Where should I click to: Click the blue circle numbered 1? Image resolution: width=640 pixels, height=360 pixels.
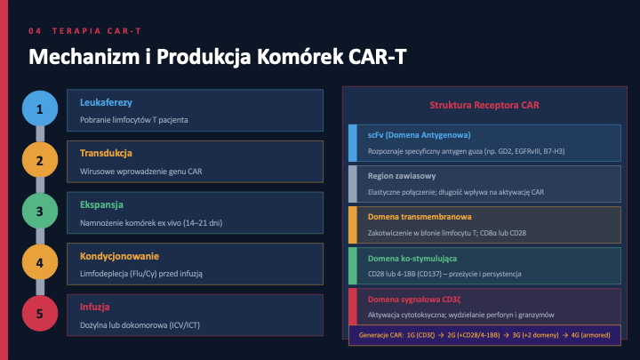point(40,108)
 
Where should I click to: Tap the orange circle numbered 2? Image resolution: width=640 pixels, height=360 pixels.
point(40,160)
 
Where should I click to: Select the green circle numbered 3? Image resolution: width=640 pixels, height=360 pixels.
point(40,211)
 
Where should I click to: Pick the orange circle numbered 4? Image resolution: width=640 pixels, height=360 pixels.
point(40,262)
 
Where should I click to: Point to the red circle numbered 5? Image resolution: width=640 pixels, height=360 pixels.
point(40,314)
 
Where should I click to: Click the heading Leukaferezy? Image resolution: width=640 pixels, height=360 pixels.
point(106,102)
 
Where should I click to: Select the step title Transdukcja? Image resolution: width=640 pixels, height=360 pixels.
point(106,154)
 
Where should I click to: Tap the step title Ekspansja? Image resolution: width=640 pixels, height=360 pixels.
point(101,204)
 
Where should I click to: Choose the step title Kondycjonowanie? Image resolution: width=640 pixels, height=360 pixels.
point(120,256)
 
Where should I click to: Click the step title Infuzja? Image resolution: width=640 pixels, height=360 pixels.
point(95,307)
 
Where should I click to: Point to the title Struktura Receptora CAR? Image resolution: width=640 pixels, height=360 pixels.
point(484,105)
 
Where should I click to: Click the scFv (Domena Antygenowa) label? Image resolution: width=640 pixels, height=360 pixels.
point(420,135)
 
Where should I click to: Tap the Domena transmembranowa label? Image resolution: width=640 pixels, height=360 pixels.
point(420,217)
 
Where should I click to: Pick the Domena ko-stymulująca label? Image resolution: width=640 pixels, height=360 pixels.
point(412,259)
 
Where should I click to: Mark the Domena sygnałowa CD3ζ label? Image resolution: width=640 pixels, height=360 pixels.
point(414,300)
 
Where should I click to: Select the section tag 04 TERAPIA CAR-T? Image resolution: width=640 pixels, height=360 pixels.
point(85,31)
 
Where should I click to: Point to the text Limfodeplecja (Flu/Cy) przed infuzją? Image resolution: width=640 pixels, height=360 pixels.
point(141,274)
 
